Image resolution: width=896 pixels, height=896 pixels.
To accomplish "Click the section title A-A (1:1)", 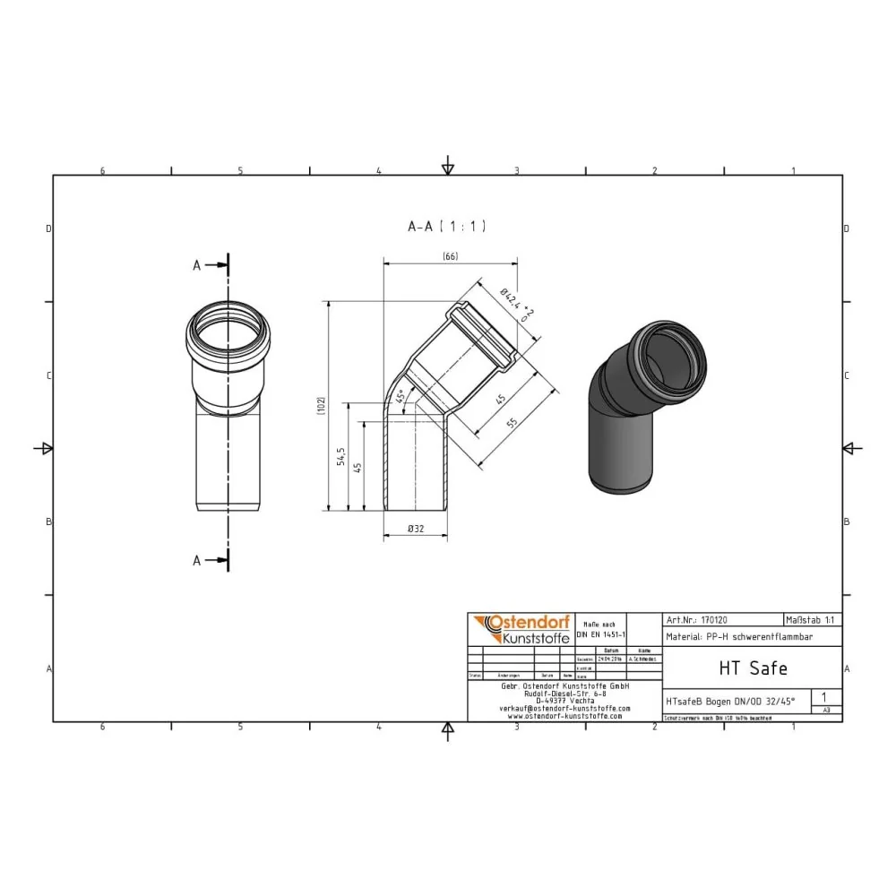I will [x=446, y=228].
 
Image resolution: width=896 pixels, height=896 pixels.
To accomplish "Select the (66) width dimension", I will [x=450, y=258].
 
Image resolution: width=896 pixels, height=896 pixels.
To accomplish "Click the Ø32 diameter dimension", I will [x=416, y=530].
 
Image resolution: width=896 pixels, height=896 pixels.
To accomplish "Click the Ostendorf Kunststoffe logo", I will [x=519, y=628].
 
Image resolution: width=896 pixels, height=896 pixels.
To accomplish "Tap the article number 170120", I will [x=715, y=619].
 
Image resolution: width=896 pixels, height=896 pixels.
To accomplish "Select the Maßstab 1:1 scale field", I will [x=812, y=619].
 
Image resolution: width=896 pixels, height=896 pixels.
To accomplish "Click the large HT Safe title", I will [x=753, y=668].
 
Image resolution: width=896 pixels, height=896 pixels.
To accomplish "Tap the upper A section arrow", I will [x=212, y=265].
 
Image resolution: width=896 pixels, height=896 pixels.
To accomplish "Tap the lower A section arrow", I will [x=212, y=560].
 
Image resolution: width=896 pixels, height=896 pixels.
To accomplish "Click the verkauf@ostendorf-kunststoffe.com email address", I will [x=564, y=708].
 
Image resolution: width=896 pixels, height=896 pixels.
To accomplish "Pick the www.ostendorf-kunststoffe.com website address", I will [x=564, y=716].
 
